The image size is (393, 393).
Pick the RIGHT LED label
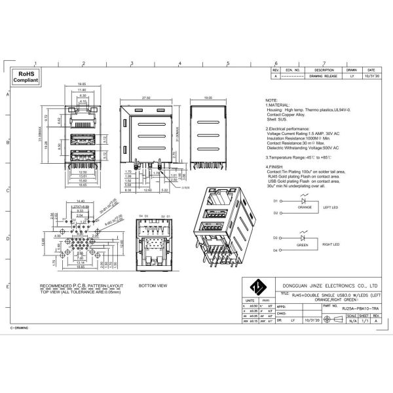(331, 244)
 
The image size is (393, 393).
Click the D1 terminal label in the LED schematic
(276, 200)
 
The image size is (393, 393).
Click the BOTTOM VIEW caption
(153, 286)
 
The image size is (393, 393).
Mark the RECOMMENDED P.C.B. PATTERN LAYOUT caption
(81, 286)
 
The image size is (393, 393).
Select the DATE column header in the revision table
(371, 69)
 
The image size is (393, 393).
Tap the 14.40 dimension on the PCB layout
(81, 201)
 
